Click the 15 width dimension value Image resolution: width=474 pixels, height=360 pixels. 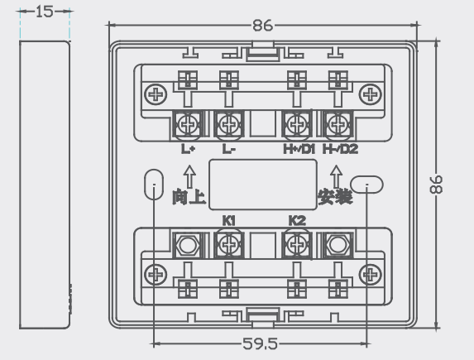(x=45, y=12)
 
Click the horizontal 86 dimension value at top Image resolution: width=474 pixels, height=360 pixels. (x=263, y=26)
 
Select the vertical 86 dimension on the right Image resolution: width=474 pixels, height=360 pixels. (x=436, y=185)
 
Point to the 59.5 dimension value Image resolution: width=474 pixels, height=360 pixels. (x=260, y=343)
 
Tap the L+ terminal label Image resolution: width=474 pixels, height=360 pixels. (x=188, y=149)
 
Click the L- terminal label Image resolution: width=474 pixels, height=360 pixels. (x=229, y=149)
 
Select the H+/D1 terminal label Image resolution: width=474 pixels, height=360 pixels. (x=299, y=149)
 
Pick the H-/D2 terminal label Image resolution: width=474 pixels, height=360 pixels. (x=340, y=149)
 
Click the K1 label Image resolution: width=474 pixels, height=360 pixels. (x=229, y=221)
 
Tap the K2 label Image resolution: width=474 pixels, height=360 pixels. (x=297, y=221)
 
